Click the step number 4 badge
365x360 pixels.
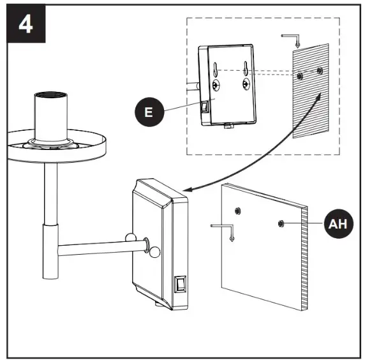(x=26, y=24)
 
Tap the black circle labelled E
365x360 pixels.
(x=149, y=112)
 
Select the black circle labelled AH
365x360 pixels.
(x=338, y=223)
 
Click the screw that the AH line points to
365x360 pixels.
(x=281, y=223)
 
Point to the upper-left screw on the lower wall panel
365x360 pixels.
(x=237, y=211)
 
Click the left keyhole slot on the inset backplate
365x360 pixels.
(x=215, y=69)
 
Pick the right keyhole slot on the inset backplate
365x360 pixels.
(x=245, y=68)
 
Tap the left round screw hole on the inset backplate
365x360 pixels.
(x=216, y=85)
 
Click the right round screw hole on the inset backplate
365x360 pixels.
(x=246, y=84)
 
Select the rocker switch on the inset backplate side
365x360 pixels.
(x=205, y=107)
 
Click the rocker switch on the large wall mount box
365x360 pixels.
(x=180, y=284)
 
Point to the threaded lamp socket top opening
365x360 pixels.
(x=51, y=94)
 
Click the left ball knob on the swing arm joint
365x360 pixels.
(x=131, y=238)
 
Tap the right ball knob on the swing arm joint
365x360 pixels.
(x=154, y=251)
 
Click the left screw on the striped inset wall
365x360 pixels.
(x=300, y=76)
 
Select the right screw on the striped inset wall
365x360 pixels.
(x=320, y=70)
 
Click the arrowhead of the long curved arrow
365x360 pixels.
(x=188, y=190)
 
